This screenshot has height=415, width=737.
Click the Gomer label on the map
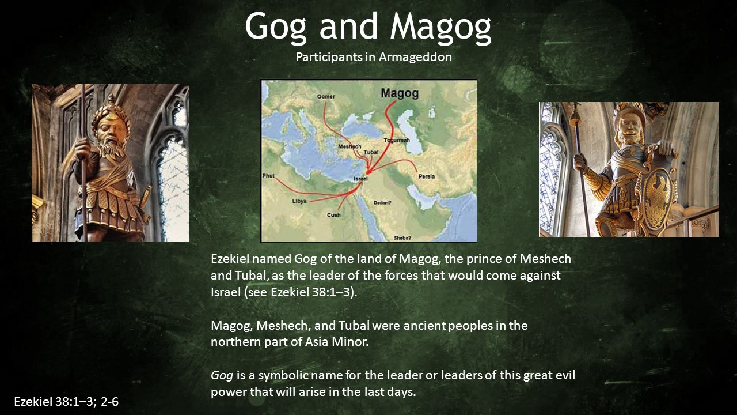tap(326, 96)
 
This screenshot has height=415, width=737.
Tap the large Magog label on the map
tap(400, 93)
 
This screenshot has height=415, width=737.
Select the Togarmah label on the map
tap(397, 140)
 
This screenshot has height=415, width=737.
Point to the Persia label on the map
tap(427, 176)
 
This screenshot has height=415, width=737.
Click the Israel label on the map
tap(360, 178)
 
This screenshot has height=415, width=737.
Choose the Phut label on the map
tap(268, 176)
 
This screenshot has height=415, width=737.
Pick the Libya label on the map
tap(299, 201)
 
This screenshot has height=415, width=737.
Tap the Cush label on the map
tap(333, 215)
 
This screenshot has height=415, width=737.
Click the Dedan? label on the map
tap(382, 202)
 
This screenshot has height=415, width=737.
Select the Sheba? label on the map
tap(402, 237)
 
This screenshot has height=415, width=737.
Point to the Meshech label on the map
tap(349, 146)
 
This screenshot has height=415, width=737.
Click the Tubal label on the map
tap(371, 152)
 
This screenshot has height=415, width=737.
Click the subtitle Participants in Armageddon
tap(374, 56)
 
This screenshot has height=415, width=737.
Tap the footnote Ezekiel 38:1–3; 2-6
tap(66, 402)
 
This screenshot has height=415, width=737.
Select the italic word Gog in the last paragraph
tap(222, 375)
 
